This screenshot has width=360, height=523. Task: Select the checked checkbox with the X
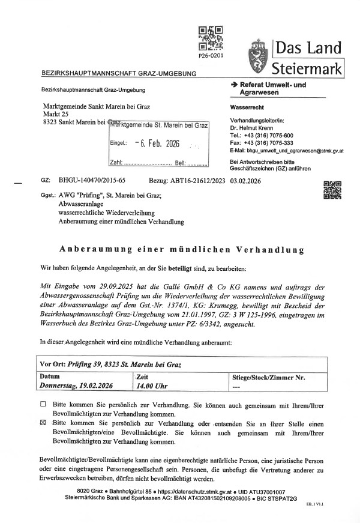tap(42, 422)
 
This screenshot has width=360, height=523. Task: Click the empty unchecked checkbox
tap(42, 404)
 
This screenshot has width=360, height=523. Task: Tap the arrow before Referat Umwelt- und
tap(235, 85)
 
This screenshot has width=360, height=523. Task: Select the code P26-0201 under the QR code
tap(211, 55)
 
